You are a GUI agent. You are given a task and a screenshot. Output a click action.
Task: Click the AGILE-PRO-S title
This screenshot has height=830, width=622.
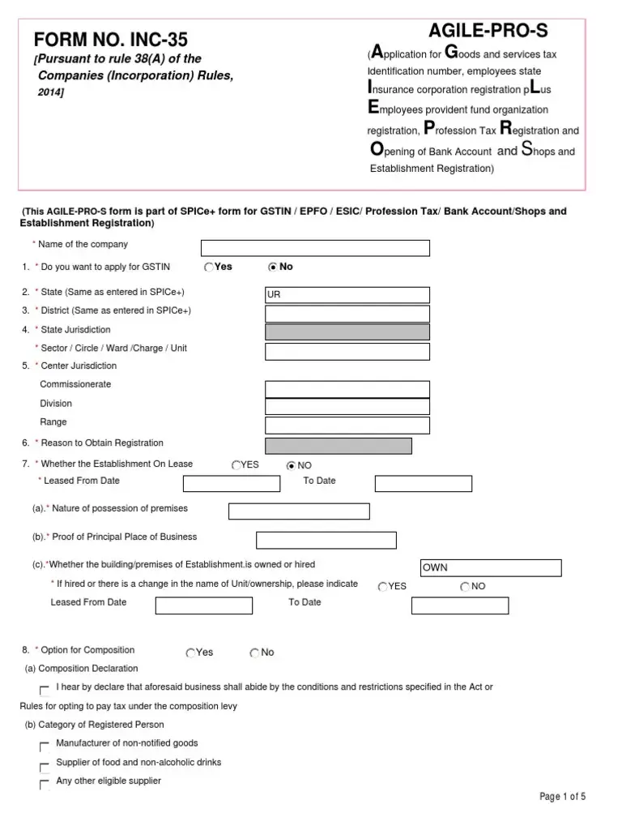(x=488, y=32)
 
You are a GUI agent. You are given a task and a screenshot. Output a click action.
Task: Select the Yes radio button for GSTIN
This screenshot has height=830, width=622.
(x=209, y=267)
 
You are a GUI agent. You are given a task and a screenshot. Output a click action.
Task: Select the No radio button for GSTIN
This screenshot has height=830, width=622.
(x=273, y=267)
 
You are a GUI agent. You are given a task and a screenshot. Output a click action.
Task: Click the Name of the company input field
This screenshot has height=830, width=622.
(x=315, y=248)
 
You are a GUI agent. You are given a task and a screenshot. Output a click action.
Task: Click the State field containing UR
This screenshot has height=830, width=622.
(x=347, y=295)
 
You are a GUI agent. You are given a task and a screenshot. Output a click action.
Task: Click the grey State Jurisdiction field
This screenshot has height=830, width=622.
(x=347, y=332)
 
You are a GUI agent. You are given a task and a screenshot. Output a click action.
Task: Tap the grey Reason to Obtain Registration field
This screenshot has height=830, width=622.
(x=339, y=446)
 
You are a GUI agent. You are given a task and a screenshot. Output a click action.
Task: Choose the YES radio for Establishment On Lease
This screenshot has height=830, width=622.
(x=236, y=465)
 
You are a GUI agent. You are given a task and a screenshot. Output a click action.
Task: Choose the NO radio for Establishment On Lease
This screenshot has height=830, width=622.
(x=292, y=465)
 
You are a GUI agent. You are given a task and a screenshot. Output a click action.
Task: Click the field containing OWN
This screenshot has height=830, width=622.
(x=491, y=568)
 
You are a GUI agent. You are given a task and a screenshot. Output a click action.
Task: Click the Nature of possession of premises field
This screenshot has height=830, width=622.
(x=299, y=511)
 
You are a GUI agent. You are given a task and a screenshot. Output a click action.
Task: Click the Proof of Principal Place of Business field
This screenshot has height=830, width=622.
(x=326, y=541)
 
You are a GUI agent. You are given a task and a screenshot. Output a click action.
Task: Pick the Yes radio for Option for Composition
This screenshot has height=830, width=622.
(x=190, y=652)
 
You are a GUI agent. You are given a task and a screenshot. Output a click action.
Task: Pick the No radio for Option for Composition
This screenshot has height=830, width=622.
(x=254, y=652)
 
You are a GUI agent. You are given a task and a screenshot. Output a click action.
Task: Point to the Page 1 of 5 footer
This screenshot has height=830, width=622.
(x=562, y=797)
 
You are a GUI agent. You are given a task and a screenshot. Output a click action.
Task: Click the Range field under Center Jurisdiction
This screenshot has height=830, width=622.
(x=347, y=424)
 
